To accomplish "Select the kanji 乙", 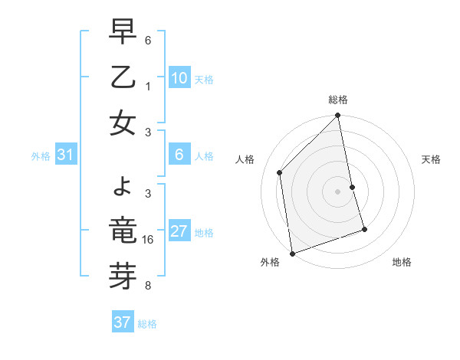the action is (123, 78).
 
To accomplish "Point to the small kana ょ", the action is (123, 186).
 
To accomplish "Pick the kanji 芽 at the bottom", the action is (123, 272).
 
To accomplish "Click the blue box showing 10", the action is (179, 78).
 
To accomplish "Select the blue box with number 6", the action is (179, 155).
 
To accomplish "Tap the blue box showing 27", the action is (179, 232).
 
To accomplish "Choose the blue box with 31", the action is (66, 155).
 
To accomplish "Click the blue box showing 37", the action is (123, 322).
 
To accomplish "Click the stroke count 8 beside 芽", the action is (149, 286).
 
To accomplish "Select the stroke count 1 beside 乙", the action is (149, 87).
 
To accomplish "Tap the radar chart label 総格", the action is (338, 100).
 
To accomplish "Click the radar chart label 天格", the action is (432, 159).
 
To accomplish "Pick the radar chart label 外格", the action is (270, 262).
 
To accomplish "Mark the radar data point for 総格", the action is (338, 116).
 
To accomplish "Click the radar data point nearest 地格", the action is (364, 228).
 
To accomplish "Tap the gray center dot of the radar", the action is (338, 191).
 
